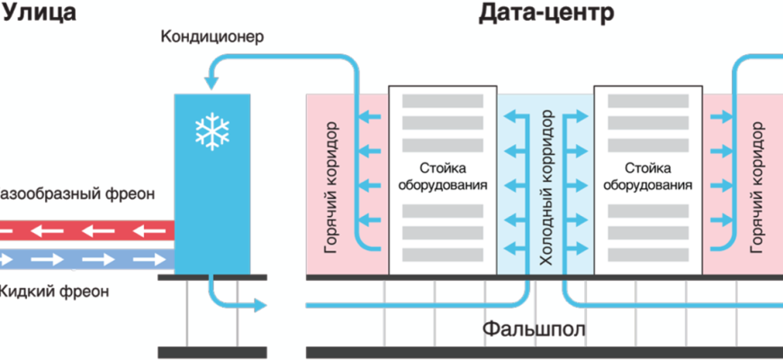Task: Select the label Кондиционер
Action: click(213, 38)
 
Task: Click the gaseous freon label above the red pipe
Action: click(77, 193)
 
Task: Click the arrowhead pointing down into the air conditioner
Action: click(212, 82)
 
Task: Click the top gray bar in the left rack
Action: click(443, 100)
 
